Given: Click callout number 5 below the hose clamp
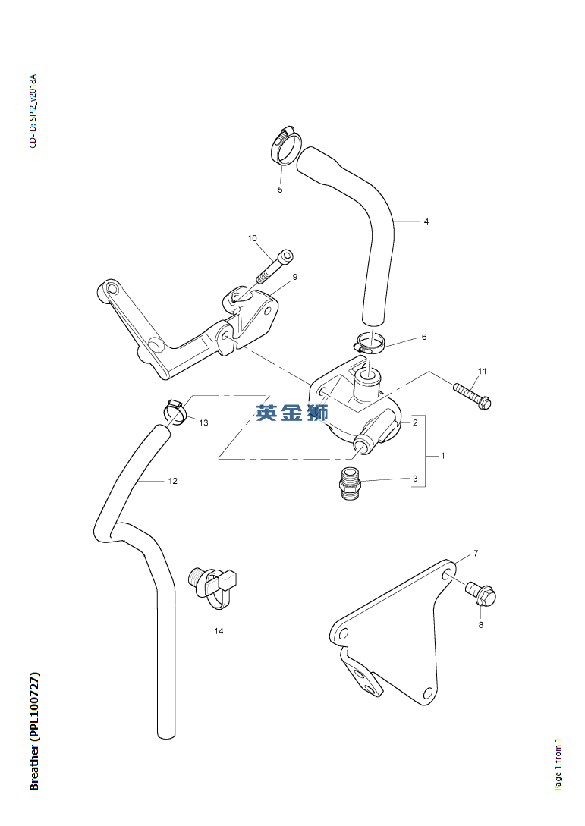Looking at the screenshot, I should (280, 190).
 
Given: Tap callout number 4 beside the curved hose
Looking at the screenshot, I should (426, 221).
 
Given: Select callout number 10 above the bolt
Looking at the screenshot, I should (253, 238).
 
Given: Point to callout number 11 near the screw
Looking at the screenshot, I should (483, 371).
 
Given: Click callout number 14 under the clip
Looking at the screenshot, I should (219, 631).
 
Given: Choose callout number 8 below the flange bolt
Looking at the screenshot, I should (480, 625).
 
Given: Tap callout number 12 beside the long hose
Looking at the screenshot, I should (173, 481).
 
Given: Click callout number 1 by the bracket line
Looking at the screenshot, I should (442, 455).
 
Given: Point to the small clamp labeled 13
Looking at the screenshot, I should (176, 411).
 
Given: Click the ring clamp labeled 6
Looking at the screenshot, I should (370, 343).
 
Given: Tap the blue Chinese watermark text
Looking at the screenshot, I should (291, 413).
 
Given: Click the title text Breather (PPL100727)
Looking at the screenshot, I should (34, 731).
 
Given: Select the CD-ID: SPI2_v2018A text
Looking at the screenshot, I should (33, 111).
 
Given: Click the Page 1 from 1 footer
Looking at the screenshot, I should (558, 764).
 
